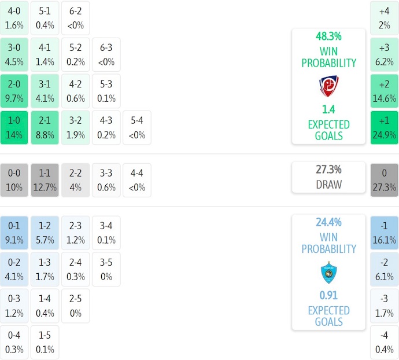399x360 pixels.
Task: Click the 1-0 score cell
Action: click(x=14, y=128)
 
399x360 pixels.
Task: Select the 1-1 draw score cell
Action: click(x=45, y=180)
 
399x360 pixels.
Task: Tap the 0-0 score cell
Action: click(x=14, y=180)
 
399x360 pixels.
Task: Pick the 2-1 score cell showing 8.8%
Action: click(x=45, y=128)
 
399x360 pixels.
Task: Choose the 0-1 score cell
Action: click(x=14, y=232)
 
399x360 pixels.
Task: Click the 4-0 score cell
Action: click(x=14, y=17)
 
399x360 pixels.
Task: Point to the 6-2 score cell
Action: click(x=75, y=17)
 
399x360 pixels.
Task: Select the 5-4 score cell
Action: click(x=137, y=128)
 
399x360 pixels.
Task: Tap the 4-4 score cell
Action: click(x=137, y=180)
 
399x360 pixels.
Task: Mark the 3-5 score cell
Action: click(x=106, y=269)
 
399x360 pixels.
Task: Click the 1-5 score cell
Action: click(x=45, y=343)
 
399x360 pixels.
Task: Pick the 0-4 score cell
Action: click(x=14, y=343)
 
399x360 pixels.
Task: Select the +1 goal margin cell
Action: click(x=384, y=128)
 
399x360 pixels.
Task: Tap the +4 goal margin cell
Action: click(x=384, y=17)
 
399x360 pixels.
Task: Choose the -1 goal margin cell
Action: click(x=384, y=232)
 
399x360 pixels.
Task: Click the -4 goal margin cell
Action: click(x=384, y=343)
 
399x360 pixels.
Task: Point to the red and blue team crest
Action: click(x=328, y=86)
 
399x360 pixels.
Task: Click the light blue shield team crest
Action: click(x=328, y=272)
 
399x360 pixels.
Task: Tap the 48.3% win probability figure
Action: click(x=328, y=36)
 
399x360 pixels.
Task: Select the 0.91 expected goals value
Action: click(x=328, y=295)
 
